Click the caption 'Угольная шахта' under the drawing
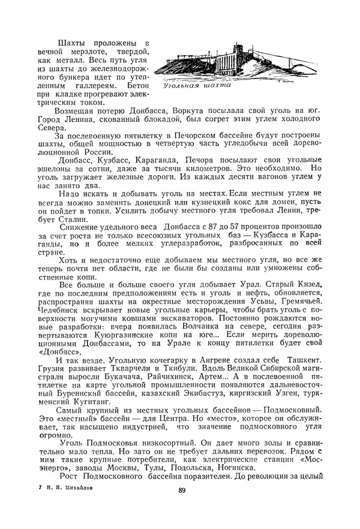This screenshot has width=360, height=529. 197,85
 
